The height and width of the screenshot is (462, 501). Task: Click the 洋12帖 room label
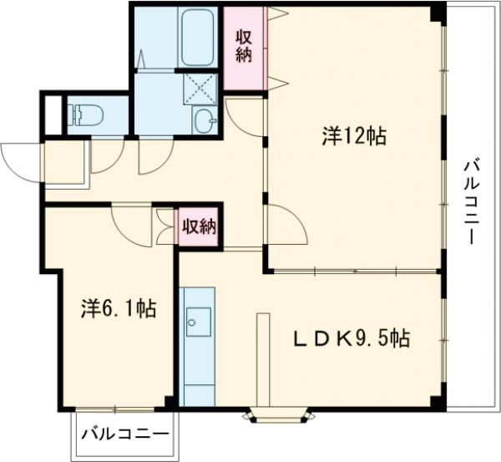point(354,137)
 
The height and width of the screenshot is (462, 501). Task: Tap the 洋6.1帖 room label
point(117,308)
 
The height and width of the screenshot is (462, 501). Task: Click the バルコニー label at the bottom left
point(125,435)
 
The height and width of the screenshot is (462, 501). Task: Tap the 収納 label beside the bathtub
point(243,48)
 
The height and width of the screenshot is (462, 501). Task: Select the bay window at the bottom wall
point(279,413)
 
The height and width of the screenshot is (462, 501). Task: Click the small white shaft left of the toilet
point(52,114)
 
